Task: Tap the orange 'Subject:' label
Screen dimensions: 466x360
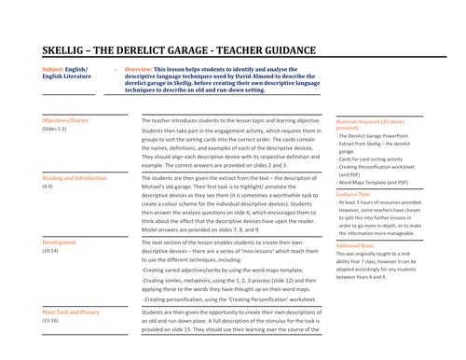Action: click(x=55, y=70)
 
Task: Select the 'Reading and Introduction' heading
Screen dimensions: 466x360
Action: click(x=75, y=176)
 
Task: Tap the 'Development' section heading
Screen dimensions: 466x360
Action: click(x=61, y=242)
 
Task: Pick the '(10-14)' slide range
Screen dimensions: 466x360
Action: click(x=53, y=252)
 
